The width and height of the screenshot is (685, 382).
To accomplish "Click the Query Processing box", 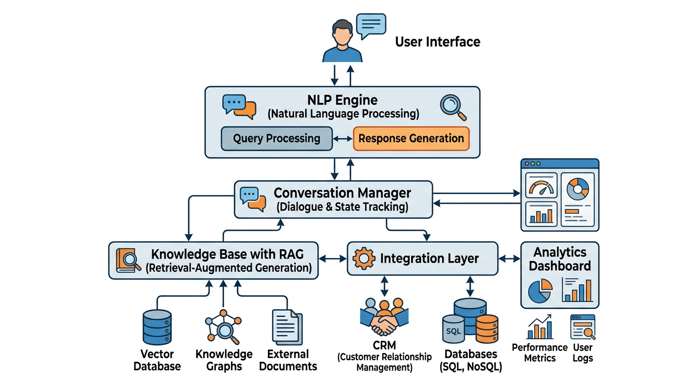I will pos(276,138).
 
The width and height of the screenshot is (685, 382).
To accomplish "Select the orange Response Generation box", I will pos(411,138).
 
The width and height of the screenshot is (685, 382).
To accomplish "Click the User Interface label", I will pos(438,42).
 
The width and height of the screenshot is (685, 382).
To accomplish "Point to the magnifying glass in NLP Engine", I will pos(453,107).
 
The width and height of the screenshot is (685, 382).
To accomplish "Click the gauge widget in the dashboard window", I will pos(541,187).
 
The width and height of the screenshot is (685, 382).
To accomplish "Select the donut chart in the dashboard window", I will pos(577,187).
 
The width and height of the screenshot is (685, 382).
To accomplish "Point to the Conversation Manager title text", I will pos(342,192).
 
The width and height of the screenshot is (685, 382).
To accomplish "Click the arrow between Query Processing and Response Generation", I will pos(342,139).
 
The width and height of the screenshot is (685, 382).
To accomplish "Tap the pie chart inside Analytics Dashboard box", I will pos(540,290).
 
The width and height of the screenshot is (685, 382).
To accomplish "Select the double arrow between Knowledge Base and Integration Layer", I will pos(333,259).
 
